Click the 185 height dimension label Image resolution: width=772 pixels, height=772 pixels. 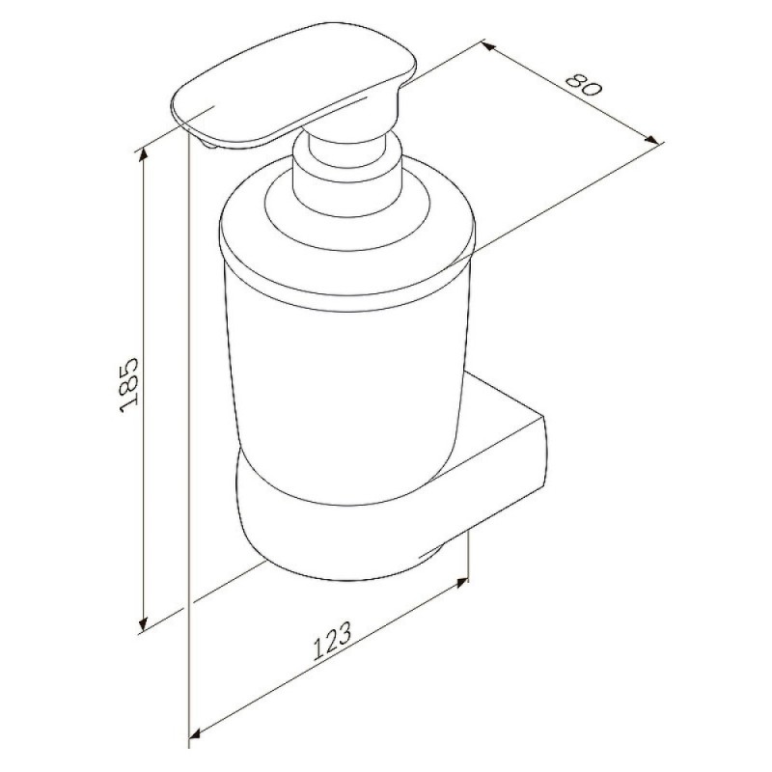(x=129, y=385)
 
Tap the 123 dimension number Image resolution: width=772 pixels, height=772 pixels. (x=333, y=640)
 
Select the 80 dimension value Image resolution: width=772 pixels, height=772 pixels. (x=584, y=85)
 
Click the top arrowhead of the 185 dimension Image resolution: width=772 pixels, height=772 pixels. (x=143, y=155)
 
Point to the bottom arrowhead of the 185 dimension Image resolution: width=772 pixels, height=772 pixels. (x=143, y=623)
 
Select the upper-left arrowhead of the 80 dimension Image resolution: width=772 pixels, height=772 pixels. (x=487, y=46)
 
